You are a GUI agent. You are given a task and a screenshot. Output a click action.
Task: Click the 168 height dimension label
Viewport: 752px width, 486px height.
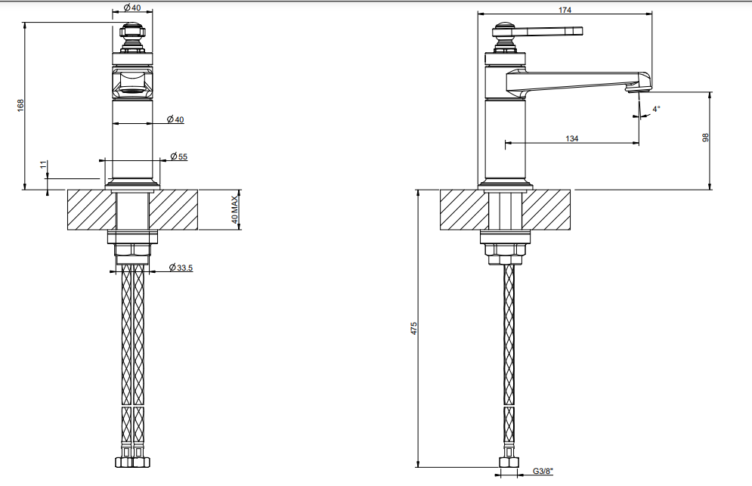(x=20, y=106)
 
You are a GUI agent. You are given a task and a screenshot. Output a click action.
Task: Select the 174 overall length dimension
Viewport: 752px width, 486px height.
(x=565, y=9)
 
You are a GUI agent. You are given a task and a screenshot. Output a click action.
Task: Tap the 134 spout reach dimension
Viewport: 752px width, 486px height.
(x=571, y=138)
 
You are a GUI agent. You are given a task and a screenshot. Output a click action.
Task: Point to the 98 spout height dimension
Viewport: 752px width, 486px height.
(x=705, y=138)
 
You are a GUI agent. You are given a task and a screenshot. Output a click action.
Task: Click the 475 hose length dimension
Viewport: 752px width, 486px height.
(x=414, y=328)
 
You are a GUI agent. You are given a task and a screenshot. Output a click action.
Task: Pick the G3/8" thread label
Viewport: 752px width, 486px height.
(x=543, y=471)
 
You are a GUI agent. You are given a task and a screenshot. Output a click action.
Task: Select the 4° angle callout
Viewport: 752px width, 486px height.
(x=656, y=109)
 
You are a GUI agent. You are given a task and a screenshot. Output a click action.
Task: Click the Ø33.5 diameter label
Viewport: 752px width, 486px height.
(x=181, y=268)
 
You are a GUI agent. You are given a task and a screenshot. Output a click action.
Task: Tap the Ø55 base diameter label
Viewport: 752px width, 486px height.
(x=179, y=156)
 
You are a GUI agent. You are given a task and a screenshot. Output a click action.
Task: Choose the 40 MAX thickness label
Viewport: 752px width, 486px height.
(x=234, y=209)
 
